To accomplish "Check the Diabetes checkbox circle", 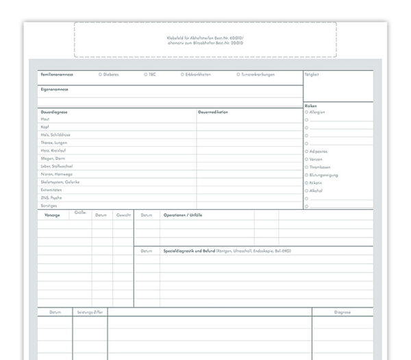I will pos(100,74).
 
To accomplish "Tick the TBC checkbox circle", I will pos(145,74).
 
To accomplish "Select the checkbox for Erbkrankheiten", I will pos(182,74).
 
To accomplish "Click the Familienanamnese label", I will pos(57,74).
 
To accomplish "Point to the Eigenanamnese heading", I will pos(54,89).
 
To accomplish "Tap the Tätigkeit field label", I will pos(312,74).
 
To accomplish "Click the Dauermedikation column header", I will pos(213,112).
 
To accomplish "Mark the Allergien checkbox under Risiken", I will pos(307,112).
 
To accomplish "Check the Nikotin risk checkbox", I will pos(307,182).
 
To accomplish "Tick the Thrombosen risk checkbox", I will pos(307,167).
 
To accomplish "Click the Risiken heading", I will pos(311,106).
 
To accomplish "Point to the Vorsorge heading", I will pos(51,215).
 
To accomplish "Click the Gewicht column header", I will pos(123,215).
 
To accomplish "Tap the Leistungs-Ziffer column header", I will pos(90,312).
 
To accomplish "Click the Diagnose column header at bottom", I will pos(342,312).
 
